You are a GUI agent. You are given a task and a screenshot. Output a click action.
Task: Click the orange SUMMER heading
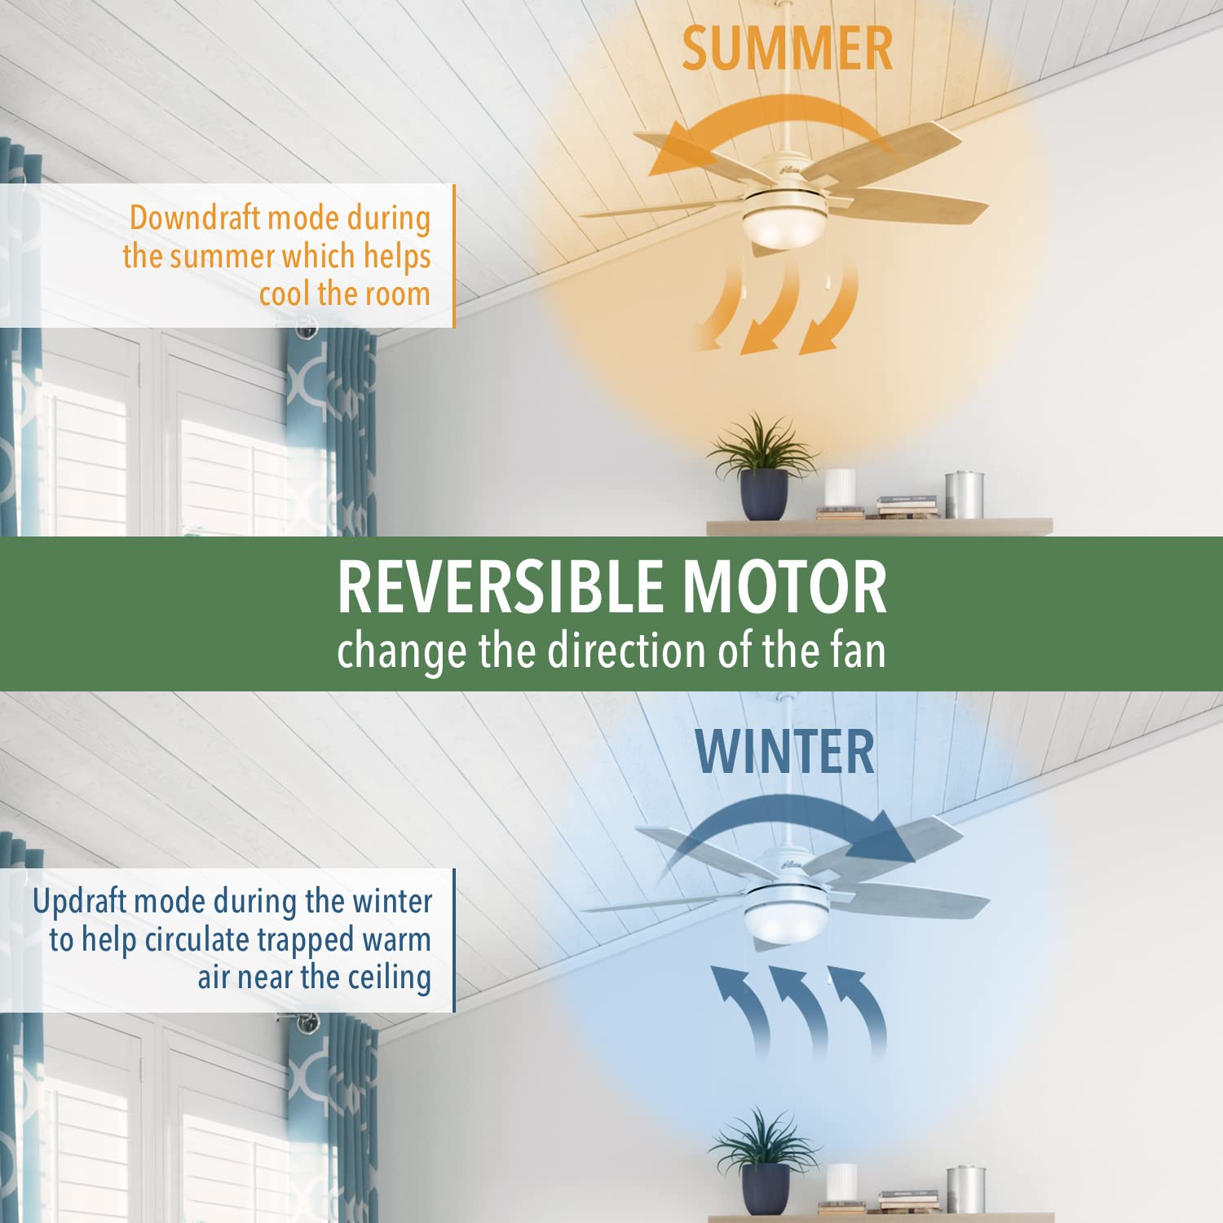(787, 49)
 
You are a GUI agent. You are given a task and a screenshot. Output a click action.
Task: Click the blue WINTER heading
(785, 752)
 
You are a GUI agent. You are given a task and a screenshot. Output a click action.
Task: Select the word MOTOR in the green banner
(784, 587)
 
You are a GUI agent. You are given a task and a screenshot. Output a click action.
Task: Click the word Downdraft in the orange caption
(194, 218)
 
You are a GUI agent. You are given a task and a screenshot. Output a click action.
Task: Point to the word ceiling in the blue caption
(389, 978)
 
